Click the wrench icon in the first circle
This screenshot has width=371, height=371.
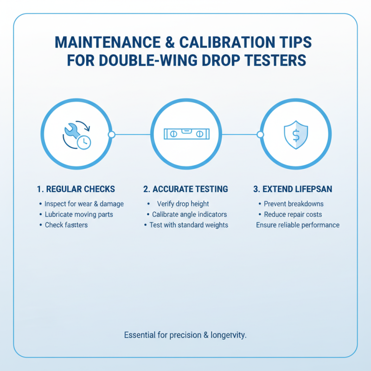point(70,132)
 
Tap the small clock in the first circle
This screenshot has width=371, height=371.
point(84,142)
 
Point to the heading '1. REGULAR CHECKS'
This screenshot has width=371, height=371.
point(76,189)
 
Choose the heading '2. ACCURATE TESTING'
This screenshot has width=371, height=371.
point(185,189)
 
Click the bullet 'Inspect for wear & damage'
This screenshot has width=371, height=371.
point(84,204)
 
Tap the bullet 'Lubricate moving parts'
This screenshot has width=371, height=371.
point(79,215)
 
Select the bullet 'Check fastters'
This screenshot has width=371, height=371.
point(66,225)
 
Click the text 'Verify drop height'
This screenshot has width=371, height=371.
point(183,204)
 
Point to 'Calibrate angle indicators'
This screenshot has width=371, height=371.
point(189,215)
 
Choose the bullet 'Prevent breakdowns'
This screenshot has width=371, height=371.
point(294,204)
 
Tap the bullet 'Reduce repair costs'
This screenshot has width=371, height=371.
point(293,215)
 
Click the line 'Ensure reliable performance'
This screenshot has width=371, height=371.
point(298,225)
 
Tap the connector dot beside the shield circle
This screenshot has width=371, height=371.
point(260,134)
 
